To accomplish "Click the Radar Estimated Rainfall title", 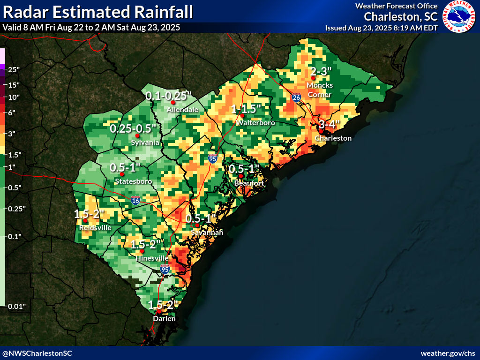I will tap(97, 12).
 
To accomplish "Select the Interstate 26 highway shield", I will tap(296, 97).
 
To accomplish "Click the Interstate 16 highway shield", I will tap(135, 201).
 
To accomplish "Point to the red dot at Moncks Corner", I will tap(313, 78).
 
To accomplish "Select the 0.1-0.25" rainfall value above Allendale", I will tap(168, 96).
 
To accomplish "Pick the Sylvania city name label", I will tap(145, 142).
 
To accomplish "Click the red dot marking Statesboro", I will tap(122, 174).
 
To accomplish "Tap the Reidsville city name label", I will tap(96, 227).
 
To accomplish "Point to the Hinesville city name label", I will tap(152, 258).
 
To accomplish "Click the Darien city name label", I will tap(164, 319).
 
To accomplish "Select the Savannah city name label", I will tap(207, 232).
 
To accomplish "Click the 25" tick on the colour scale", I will tap(14, 70).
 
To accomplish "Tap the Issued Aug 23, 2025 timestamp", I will tap(381, 28).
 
